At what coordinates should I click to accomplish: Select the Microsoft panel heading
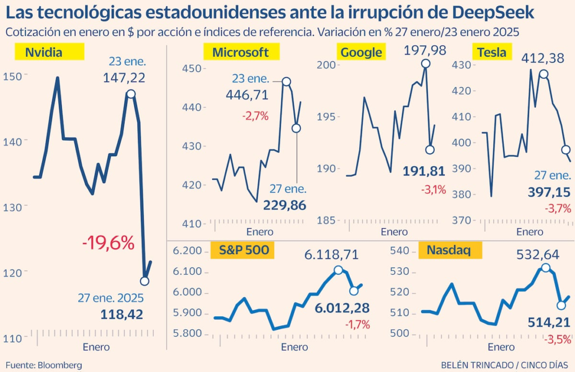(x=240, y=52)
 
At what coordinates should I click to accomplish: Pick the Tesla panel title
(x=492, y=52)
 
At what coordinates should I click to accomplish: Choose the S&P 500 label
(x=243, y=250)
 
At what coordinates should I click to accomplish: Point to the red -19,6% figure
(x=108, y=243)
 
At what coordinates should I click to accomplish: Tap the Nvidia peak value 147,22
(x=124, y=78)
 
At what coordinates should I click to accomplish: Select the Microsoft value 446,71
(x=247, y=95)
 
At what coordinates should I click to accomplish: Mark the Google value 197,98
(x=425, y=51)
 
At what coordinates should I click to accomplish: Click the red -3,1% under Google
(x=433, y=190)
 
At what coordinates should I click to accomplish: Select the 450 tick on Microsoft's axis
(x=194, y=69)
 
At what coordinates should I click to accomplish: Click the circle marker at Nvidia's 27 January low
(x=144, y=280)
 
